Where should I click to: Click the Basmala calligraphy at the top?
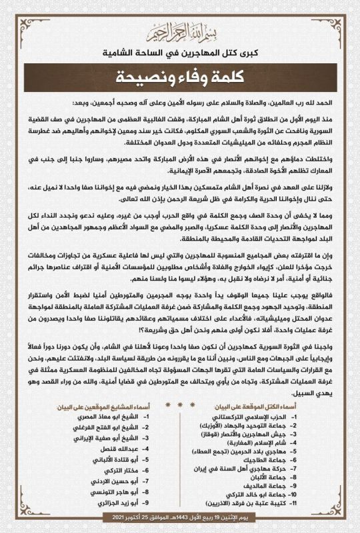(x=180, y=31)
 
